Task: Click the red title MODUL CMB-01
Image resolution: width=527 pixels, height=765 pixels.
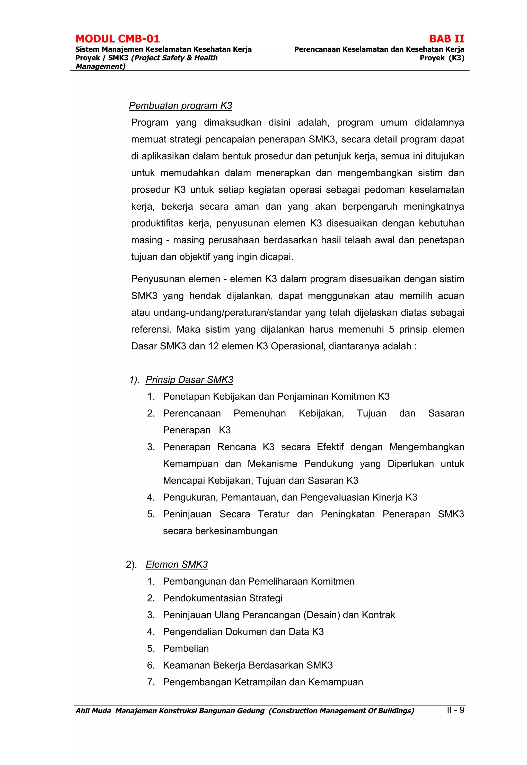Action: click(x=117, y=39)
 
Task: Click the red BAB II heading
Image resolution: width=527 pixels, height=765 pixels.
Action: click(x=446, y=39)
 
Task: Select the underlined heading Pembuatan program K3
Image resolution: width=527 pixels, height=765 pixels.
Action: click(x=180, y=106)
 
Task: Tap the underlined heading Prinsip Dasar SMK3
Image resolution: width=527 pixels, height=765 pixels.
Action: click(x=189, y=380)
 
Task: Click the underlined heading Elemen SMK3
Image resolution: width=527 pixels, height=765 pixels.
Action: click(x=177, y=565)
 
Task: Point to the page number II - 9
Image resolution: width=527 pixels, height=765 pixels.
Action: click(x=455, y=710)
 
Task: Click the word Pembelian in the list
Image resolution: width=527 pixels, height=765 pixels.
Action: click(x=186, y=648)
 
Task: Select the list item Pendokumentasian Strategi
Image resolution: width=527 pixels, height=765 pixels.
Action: click(x=223, y=598)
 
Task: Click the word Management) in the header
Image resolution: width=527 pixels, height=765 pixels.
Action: click(x=100, y=66)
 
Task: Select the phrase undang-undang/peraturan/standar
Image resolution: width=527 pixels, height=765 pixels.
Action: click(x=227, y=313)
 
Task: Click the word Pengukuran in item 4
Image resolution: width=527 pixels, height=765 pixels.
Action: click(x=190, y=497)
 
